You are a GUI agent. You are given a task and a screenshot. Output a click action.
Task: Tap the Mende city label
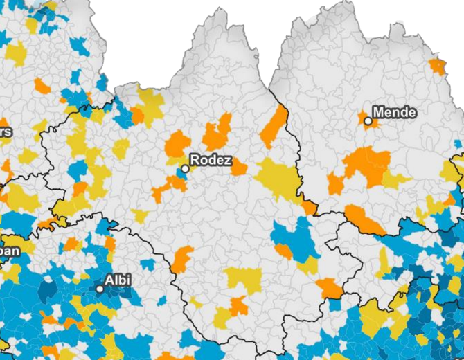pyautogui.click(x=394, y=112)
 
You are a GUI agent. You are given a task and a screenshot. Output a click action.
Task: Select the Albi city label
pyautogui.click(x=118, y=281)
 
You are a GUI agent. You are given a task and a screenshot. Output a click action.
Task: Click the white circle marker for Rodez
pyautogui.click(x=185, y=168)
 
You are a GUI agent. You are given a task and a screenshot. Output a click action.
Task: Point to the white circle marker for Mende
pyautogui.click(x=368, y=121)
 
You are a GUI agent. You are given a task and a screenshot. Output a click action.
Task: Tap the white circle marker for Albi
pyautogui.click(x=100, y=289)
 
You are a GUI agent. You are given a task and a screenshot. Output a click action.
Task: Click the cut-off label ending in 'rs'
pyautogui.click(x=5, y=132)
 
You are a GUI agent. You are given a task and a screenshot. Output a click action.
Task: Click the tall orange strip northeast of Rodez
pyautogui.click(x=274, y=126)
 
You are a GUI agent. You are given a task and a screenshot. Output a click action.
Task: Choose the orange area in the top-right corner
pyautogui.click(x=438, y=66)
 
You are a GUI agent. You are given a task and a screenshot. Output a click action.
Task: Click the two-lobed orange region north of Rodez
pyautogui.click(x=218, y=132)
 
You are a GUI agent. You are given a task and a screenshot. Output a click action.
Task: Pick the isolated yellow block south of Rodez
pyautogui.click(x=242, y=280)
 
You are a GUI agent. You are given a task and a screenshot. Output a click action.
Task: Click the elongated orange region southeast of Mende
pyautogui.click(x=364, y=219)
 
